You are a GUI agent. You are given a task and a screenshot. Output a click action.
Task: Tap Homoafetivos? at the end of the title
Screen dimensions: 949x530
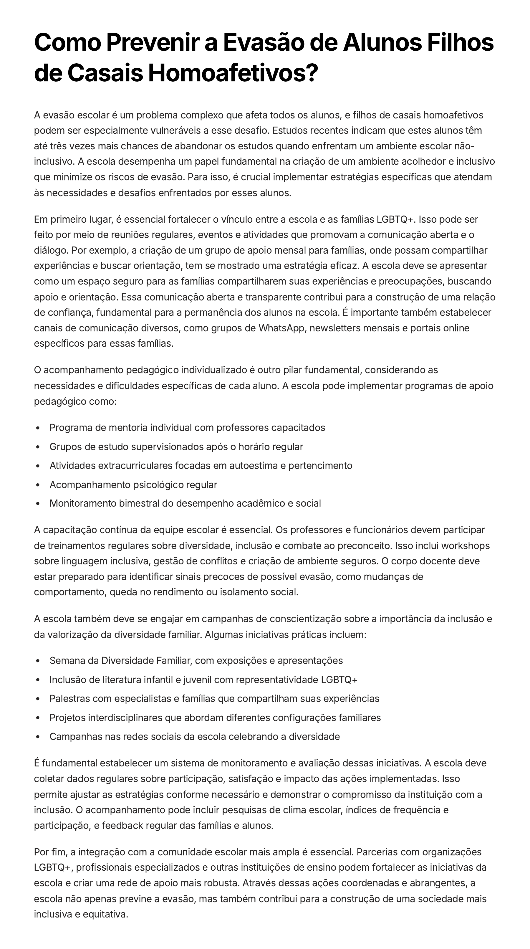pyautogui.click(x=233, y=73)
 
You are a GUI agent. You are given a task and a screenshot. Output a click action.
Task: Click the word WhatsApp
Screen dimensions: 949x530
pyautogui.click(x=282, y=328)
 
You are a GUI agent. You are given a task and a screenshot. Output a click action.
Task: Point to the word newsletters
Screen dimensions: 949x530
pyautogui.click(x=335, y=328)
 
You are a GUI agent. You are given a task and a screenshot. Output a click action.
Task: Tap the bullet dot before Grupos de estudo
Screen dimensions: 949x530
pyautogui.click(x=38, y=447)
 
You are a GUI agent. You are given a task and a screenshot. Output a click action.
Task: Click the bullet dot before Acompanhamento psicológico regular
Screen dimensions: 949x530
pyautogui.click(x=38, y=485)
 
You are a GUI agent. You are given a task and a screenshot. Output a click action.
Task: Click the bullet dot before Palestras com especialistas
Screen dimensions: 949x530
pyautogui.click(x=38, y=699)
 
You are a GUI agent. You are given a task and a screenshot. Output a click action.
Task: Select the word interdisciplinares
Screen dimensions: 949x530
pyautogui.click(x=125, y=718)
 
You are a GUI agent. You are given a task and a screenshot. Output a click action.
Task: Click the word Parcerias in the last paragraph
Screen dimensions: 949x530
pyautogui.click(x=377, y=852)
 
